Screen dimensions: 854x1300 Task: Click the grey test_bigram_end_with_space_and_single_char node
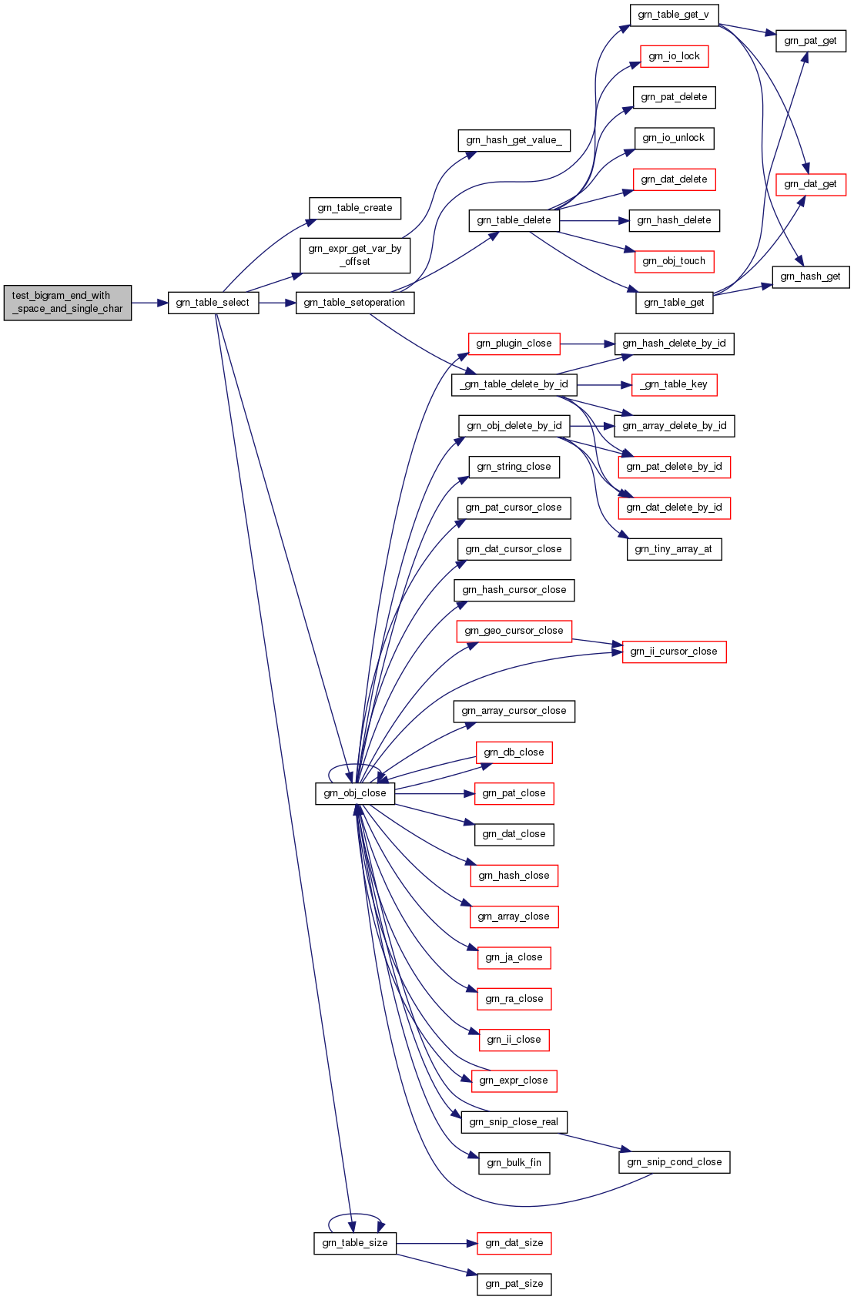coord(67,303)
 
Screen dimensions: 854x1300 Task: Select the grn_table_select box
coord(213,303)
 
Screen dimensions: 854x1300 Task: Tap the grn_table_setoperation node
coord(354,303)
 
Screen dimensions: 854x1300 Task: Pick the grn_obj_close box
coord(354,793)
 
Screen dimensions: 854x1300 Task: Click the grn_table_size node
coord(354,1243)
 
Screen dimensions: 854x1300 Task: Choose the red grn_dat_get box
coord(810,185)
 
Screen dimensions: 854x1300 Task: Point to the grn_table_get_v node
coord(674,15)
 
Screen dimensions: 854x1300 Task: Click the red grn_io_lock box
coord(674,56)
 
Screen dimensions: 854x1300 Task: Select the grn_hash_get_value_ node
coord(514,140)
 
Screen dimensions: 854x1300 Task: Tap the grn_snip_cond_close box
coord(674,1162)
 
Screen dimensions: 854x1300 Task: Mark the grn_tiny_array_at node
coord(674,550)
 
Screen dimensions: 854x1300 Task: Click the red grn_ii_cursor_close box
coord(674,652)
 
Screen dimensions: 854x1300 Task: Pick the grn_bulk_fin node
coord(514,1163)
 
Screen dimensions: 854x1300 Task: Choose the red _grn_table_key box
coord(674,385)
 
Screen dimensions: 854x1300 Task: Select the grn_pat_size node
coord(514,1284)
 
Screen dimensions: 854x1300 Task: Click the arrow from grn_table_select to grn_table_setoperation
coord(277,303)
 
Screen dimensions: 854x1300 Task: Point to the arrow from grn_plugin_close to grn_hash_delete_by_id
coord(587,344)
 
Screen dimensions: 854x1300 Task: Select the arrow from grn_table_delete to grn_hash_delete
coord(594,221)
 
